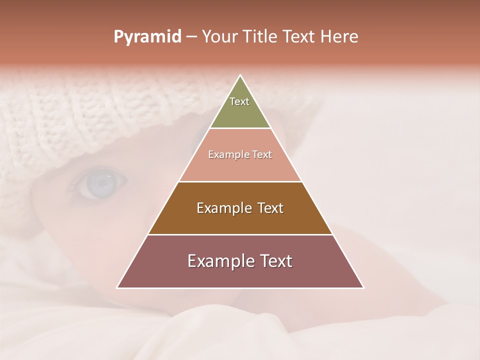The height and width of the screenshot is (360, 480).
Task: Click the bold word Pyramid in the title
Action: (x=147, y=37)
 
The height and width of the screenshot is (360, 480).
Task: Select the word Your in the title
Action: (x=218, y=37)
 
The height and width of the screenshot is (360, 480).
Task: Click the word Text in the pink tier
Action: (x=262, y=154)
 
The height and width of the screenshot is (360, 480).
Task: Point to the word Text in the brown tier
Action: (x=270, y=208)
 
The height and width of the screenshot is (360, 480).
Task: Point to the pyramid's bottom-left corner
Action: (x=117, y=287)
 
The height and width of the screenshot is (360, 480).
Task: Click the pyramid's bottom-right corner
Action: (x=363, y=287)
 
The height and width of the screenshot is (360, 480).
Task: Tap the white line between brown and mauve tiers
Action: (x=240, y=234)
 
